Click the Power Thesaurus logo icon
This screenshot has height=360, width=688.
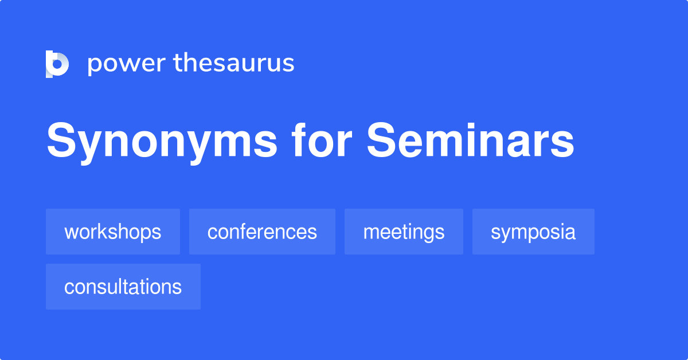pyautogui.click(x=57, y=64)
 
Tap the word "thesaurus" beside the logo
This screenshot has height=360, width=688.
pyautogui.click(x=234, y=62)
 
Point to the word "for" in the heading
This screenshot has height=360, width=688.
pyautogui.click(x=322, y=140)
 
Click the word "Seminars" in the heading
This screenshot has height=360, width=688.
pyautogui.click(x=470, y=140)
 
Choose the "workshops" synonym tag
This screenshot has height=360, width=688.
pyautogui.click(x=113, y=232)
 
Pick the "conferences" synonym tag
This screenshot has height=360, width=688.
pyautogui.click(x=262, y=232)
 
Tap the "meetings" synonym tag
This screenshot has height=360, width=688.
pyautogui.click(x=404, y=232)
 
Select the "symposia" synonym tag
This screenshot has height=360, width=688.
pyautogui.click(x=533, y=232)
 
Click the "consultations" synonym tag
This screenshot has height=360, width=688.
pyautogui.click(x=123, y=287)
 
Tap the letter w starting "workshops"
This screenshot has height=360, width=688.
pyautogui.click(x=71, y=233)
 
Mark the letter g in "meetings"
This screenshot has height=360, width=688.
pyautogui.click(x=427, y=234)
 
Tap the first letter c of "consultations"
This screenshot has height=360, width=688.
pyautogui.click(x=69, y=288)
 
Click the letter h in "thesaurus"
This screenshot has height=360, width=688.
pyautogui.click(x=191, y=62)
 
